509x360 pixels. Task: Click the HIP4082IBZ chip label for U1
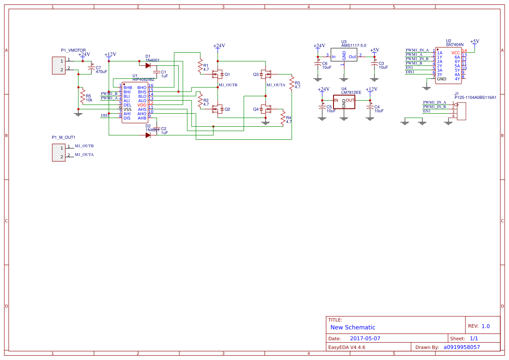click(x=143, y=79)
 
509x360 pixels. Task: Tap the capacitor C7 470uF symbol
click(x=91, y=69)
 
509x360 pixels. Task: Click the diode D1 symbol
click(x=148, y=66)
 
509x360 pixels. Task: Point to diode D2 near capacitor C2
click(x=148, y=135)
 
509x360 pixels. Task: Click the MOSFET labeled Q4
click(x=266, y=109)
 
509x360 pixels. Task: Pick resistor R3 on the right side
click(x=292, y=84)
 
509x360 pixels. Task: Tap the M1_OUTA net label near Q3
click(x=276, y=85)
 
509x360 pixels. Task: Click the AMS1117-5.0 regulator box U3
click(x=344, y=56)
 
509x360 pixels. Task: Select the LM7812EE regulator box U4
click(x=344, y=101)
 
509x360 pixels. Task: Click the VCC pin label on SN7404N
click(x=455, y=53)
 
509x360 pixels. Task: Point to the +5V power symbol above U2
click(x=475, y=41)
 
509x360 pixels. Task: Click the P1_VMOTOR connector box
click(x=59, y=65)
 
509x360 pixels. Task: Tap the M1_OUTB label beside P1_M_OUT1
click(x=84, y=146)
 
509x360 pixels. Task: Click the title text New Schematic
click(x=353, y=327)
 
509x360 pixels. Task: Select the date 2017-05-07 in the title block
click(x=365, y=338)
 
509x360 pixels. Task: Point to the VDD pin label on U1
click(x=142, y=105)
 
